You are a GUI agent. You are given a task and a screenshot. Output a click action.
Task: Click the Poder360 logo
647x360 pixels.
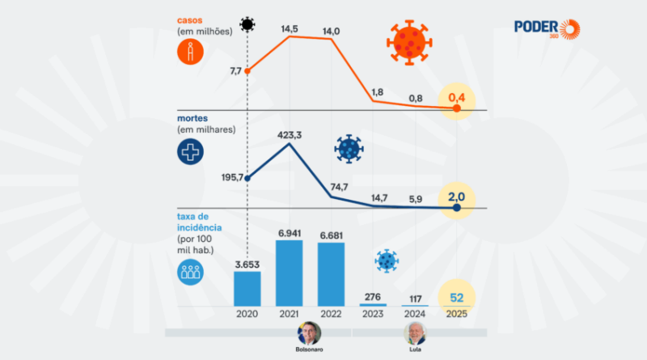pos(547,28)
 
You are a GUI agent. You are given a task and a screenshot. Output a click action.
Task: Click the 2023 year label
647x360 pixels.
pos(374,314)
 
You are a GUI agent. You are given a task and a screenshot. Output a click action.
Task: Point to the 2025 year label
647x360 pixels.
pos(457,314)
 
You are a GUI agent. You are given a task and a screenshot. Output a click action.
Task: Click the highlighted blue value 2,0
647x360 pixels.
pos(457,195)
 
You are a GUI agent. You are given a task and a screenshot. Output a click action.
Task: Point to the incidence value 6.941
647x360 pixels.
pos(290,233)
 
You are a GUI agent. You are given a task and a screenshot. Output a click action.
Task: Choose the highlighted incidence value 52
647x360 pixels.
pos(457,296)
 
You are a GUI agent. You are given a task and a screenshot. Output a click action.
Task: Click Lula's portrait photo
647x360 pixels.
pos(416,332)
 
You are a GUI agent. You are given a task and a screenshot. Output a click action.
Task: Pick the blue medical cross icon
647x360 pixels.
pos(190,151)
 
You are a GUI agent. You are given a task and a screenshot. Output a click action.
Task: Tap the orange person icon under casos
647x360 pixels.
pos(190,53)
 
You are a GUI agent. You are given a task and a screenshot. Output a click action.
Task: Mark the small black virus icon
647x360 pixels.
pos(247,23)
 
